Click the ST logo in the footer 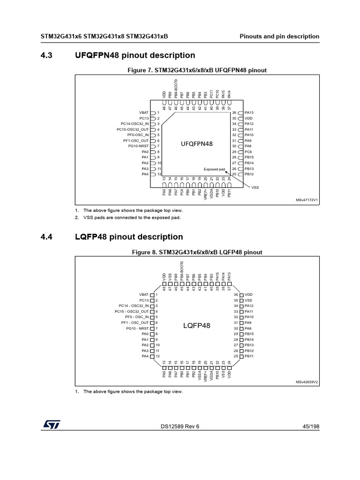click(x=48, y=424)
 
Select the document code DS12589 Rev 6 click(x=180, y=426)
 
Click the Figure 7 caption click(x=196, y=70)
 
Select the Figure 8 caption click(x=196, y=252)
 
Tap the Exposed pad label click(x=215, y=169)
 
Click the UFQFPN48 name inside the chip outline click(x=197, y=144)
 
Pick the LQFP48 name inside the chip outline click(x=196, y=325)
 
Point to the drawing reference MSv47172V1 click(x=307, y=200)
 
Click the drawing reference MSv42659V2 click(x=307, y=382)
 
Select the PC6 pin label click(x=248, y=152)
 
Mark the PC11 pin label click(x=211, y=94)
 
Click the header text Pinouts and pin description click(x=279, y=37)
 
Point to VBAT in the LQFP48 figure click(x=143, y=294)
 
